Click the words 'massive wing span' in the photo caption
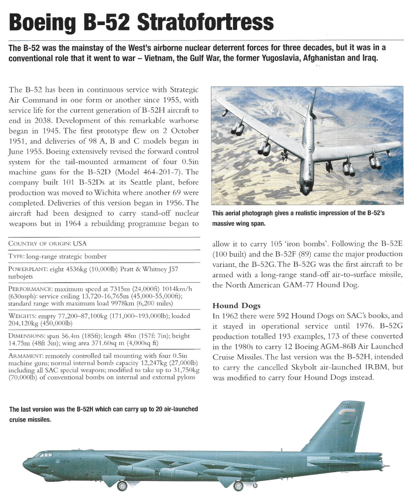point(240,224)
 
